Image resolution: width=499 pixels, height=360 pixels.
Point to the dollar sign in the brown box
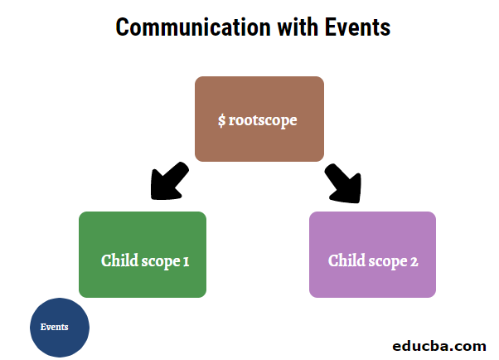tap(221, 120)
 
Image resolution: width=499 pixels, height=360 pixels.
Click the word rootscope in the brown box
tap(263, 120)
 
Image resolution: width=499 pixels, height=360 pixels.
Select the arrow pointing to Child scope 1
tap(168, 182)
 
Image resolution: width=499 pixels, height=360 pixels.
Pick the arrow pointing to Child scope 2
tap(344, 183)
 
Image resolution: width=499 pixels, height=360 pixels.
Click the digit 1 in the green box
tap(187, 260)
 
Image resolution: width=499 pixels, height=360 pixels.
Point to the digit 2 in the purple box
tap(414, 260)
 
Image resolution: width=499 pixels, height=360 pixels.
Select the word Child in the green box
tap(119, 260)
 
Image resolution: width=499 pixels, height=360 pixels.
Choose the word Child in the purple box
tap(346, 260)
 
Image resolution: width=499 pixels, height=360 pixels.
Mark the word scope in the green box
tap(160, 261)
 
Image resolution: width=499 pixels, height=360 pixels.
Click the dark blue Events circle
tap(59, 328)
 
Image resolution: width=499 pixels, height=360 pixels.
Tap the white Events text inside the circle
tap(55, 327)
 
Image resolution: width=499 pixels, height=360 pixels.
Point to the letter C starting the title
tap(123, 27)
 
